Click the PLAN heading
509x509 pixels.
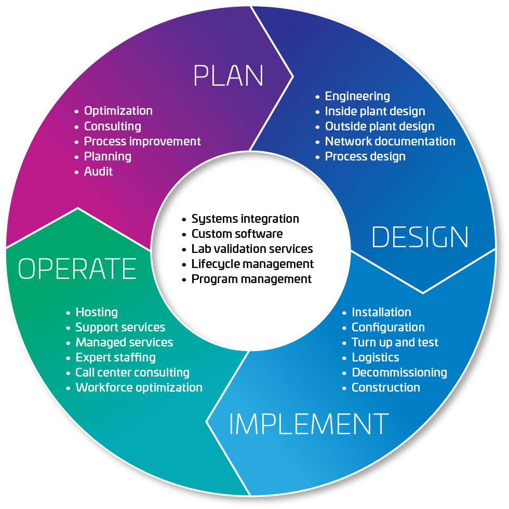tap(229, 76)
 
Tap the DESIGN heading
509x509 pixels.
tap(420, 237)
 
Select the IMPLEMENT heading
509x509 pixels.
tap(309, 424)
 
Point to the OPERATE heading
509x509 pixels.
tap(77, 269)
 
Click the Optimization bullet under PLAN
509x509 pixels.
tap(118, 111)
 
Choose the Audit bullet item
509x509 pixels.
tap(98, 171)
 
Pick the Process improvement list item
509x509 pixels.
tap(142, 141)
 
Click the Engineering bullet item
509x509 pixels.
tap(357, 96)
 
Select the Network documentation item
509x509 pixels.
tap(390, 141)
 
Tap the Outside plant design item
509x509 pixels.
tap(380, 126)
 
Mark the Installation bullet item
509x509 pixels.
tap(381, 312)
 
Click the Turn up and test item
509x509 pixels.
tap(395, 342)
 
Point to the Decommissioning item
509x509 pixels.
tap(399, 372)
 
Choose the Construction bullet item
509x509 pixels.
tap(386, 387)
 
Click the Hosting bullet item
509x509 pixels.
tap(97, 312)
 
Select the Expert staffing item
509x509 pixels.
tap(116, 357)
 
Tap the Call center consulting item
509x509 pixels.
tap(132, 372)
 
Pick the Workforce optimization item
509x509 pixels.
tap(139, 387)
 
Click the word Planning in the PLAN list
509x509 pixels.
tap(108, 156)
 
